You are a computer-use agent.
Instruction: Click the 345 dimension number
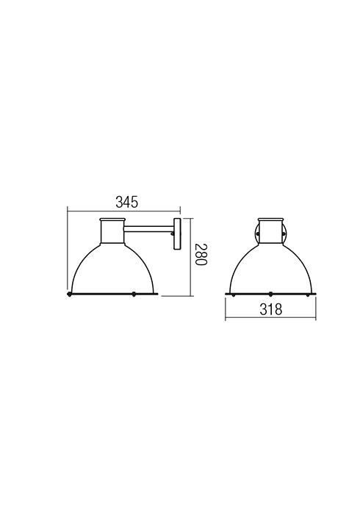coord(127,202)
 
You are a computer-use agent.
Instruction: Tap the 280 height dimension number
coord(201,254)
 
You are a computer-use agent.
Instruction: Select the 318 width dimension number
coord(271,309)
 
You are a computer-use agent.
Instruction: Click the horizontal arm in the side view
coord(149,229)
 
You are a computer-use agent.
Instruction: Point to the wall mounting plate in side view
coord(177,234)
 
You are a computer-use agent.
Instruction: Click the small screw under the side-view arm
coord(172,234)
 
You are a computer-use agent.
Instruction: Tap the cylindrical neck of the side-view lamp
coord(112,232)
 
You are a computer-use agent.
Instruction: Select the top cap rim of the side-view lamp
coord(112,219)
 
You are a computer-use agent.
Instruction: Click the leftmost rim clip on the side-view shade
coord(69,294)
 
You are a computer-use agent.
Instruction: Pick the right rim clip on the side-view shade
coord(134,294)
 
